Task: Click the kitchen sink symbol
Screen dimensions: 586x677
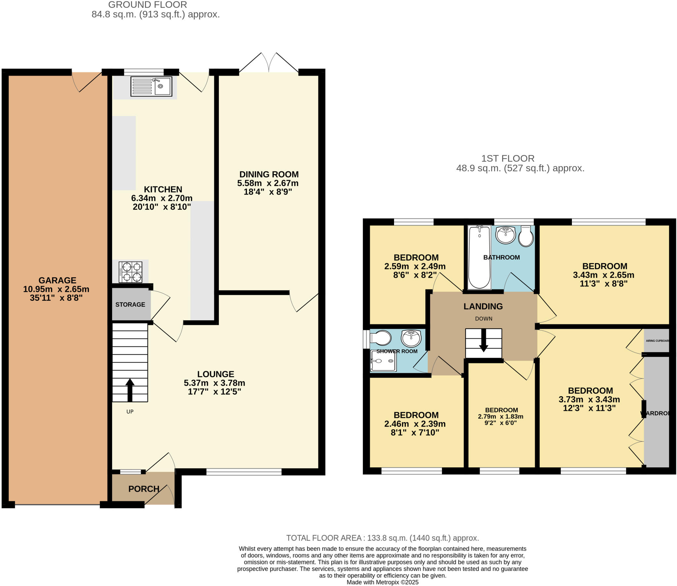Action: click(x=151, y=87)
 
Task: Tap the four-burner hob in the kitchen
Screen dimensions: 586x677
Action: click(x=131, y=272)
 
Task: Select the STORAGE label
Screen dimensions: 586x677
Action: click(x=130, y=304)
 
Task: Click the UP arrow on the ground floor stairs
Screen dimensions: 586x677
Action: click(x=130, y=390)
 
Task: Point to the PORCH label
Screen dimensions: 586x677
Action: click(x=144, y=489)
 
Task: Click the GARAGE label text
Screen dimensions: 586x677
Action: click(x=57, y=280)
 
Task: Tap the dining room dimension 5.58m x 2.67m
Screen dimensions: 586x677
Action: click(x=268, y=183)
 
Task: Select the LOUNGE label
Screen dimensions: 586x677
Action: click(x=216, y=374)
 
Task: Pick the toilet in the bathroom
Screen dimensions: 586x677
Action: click(x=526, y=237)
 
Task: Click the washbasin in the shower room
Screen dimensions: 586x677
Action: click(x=411, y=338)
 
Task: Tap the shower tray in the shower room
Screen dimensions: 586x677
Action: click(x=383, y=361)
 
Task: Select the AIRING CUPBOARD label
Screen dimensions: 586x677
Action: click(x=657, y=341)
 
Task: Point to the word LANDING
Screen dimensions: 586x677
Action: click(x=483, y=306)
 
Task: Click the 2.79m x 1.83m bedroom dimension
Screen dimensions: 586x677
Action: click(x=500, y=416)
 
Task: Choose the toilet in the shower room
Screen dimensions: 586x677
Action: click(x=381, y=338)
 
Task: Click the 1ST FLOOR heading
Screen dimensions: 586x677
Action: click(x=508, y=158)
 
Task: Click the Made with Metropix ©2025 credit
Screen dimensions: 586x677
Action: click(x=382, y=582)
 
